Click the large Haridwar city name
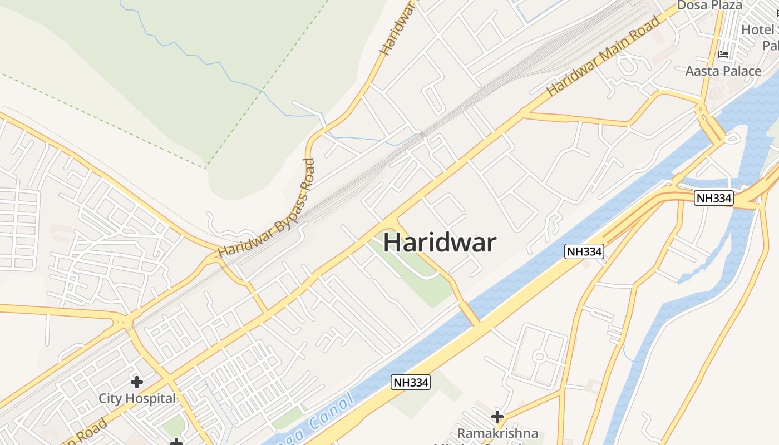click(x=440, y=243)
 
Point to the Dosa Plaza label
click(x=709, y=6)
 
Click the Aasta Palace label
click(x=723, y=71)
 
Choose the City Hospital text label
click(x=137, y=398)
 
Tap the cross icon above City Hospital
click(x=137, y=382)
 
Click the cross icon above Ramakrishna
click(x=497, y=416)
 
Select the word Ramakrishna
click(x=497, y=433)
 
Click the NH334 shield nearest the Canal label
click(x=411, y=382)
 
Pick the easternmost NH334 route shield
click(x=714, y=198)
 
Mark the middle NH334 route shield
click(x=584, y=251)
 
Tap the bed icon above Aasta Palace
click(x=723, y=55)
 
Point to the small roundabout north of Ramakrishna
click(x=538, y=355)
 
